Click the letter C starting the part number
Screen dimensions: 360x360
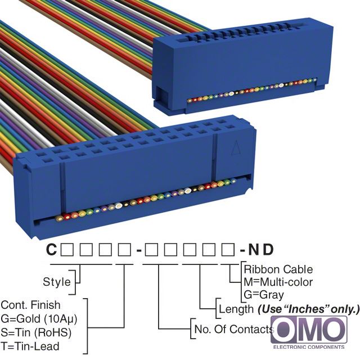[x=51, y=249]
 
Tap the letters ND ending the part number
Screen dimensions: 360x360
[x=261, y=249]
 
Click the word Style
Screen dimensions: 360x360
[x=57, y=282]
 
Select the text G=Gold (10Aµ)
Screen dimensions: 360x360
[x=39, y=319]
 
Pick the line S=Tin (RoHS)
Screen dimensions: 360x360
[x=36, y=332]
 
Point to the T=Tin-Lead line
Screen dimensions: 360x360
[x=30, y=346]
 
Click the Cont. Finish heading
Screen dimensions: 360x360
[x=30, y=305]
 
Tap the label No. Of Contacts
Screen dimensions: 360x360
[x=234, y=329]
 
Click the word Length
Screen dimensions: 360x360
[x=236, y=309]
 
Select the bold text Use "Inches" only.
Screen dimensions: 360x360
[x=308, y=309]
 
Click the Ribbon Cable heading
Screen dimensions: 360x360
[x=278, y=269]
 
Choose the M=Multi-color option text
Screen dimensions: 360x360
[x=278, y=282]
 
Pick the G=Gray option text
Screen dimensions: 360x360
[x=264, y=295]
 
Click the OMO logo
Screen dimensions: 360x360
[x=309, y=330]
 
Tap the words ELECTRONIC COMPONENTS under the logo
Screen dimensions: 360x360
[x=309, y=347]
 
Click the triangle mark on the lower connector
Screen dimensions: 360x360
[x=235, y=147]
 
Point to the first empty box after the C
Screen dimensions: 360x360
[x=67, y=250]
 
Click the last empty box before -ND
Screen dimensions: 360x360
[x=228, y=250]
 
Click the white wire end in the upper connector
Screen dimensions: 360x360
[x=281, y=85]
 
